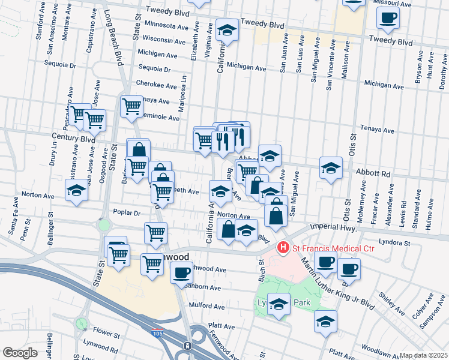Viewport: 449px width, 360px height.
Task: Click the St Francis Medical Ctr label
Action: click(325, 247)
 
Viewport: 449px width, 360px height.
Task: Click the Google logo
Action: click(20, 353)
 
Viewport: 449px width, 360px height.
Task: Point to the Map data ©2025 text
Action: click(423, 355)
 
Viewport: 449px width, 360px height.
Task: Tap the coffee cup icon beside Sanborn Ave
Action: click(181, 273)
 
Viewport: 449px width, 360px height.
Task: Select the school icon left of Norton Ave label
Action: click(76, 191)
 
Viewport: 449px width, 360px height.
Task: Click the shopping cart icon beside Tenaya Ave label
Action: click(131, 107)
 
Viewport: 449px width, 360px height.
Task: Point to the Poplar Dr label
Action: click(126, 213)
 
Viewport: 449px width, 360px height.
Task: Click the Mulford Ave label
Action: click(207, 306)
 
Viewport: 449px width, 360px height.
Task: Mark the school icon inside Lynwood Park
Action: click(278, 305)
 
